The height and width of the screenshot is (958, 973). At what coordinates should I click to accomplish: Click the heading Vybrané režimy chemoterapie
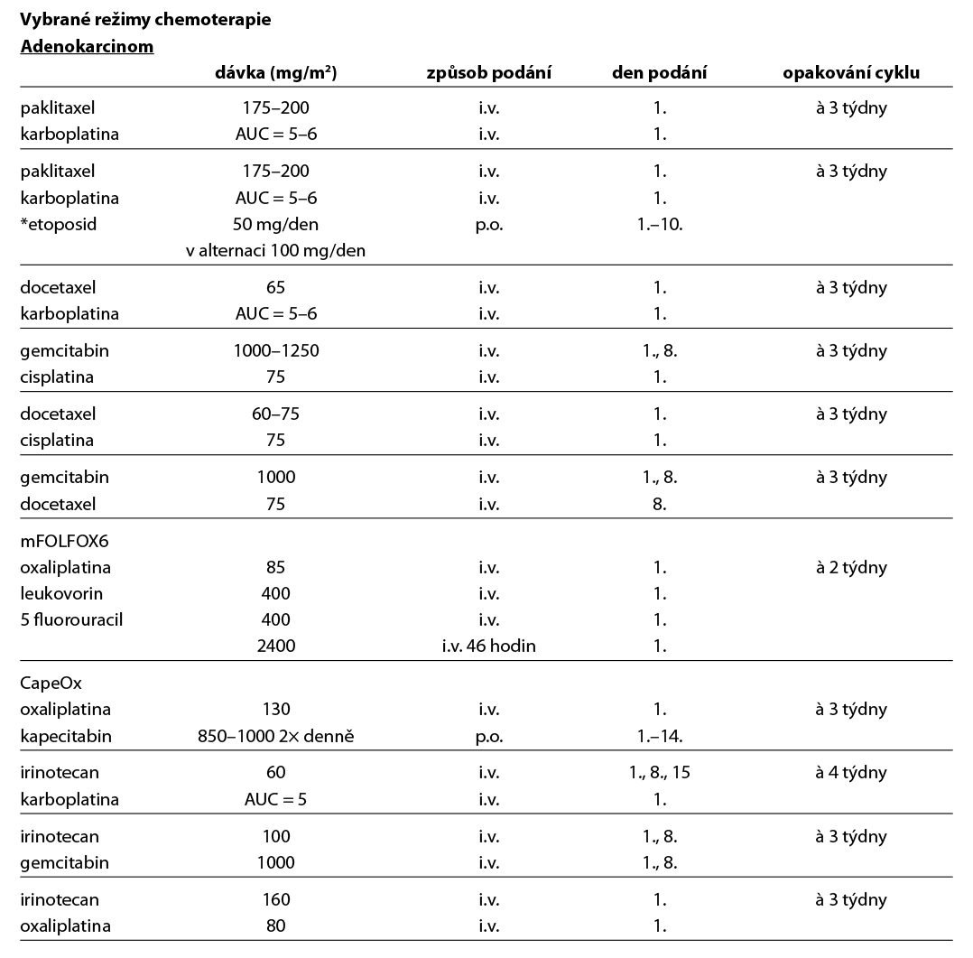click(145, 19)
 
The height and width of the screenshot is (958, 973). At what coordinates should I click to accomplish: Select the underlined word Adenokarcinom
click(87, 47)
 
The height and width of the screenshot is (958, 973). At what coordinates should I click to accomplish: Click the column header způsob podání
click(488, 73)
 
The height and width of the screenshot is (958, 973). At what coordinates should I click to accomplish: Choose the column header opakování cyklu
click(851, 73)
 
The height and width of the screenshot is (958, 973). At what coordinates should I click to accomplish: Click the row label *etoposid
click(58, 224)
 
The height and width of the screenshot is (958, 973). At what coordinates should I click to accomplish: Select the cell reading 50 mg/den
click(275, 224)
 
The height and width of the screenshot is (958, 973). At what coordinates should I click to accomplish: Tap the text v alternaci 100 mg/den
click(275, 250)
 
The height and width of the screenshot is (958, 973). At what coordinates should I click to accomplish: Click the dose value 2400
click(275, 646)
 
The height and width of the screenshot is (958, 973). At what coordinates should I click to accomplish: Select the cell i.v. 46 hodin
click(488, 646)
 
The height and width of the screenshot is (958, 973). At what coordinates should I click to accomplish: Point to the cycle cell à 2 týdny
click(851, 567)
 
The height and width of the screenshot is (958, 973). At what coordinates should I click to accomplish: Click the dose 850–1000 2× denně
click(275, 735)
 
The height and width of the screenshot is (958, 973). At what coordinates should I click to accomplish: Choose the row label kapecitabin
click(66, 735)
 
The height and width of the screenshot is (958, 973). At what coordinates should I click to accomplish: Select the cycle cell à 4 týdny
click(851, 772)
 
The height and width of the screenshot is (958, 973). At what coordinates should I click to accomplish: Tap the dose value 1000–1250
click(275, 350)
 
